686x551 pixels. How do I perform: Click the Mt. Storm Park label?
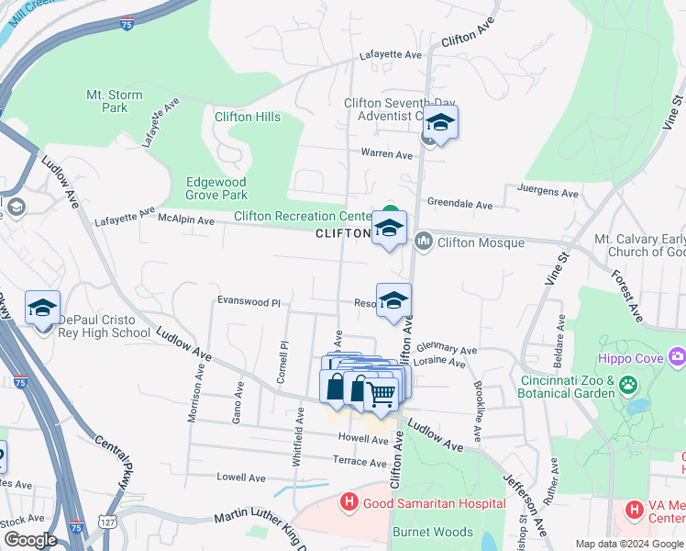pyautogui.click(x=106, y=101)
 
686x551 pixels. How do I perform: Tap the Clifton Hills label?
pyautogui.click(x=248, y=117)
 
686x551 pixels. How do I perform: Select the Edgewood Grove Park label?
pyautogui.click(x=216, y=188)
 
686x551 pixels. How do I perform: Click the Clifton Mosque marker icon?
pyautogui.click(x=423, y=242)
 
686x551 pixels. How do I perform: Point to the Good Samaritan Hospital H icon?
pyautogui.click(x=349, y=503)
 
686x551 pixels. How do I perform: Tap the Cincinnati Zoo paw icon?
pyautogui.click(x=629, y=385)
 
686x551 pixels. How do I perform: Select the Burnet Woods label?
pyautogui.click(x=433, y=532)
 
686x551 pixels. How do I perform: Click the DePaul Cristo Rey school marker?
pyautogui.click(x=42, y=309)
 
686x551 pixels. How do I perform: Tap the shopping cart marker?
pyautogui.click(x=381, y=395)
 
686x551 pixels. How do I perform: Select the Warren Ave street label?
pyautogui.click(x=387, y=154)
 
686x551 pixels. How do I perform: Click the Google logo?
pyautogui.click(x=30, y=541)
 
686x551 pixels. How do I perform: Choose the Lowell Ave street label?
pyautogui.click(x=240, y=478)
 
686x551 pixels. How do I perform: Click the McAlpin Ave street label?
pyautogui.click(x=186, y=220)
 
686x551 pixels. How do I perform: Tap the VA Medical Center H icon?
pyautogui.click(x=634, y=509)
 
